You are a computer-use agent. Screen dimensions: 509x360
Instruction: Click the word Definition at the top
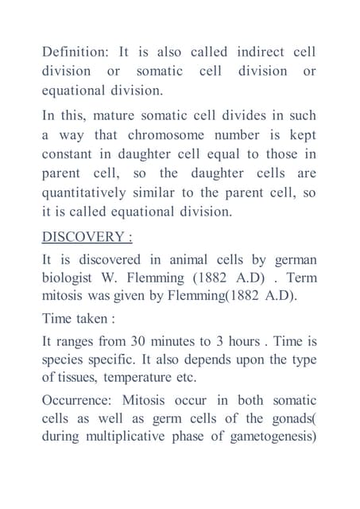[75, 52]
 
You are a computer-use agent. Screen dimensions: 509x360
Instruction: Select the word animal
[186, 260]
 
